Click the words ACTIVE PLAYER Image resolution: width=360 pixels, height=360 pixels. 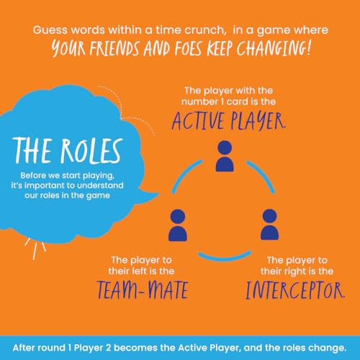[x=229, y=121]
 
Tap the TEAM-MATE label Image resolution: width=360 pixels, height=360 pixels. [x=143, y=290]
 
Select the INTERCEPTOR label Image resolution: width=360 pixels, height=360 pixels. [x=295, y=290]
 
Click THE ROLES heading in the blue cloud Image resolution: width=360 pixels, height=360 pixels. [x=68, y=150]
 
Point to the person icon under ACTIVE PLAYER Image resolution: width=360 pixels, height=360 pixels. [x=225, y=156]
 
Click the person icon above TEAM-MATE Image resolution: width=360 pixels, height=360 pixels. [x=178, y=225]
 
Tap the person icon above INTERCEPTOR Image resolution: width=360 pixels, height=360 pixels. [x=270, y=225]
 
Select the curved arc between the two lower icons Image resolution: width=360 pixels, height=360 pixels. [x=225, y=257]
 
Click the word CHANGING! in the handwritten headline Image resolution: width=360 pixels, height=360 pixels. [x=274, y=48]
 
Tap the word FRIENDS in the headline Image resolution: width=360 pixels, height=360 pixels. [x=114, y=49]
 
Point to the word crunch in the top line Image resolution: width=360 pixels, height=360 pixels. [x=205, y=30]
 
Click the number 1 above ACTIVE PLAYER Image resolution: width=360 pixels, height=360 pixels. [x=222, y=102]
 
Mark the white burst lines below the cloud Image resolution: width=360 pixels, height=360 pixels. [x=35, y=249]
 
